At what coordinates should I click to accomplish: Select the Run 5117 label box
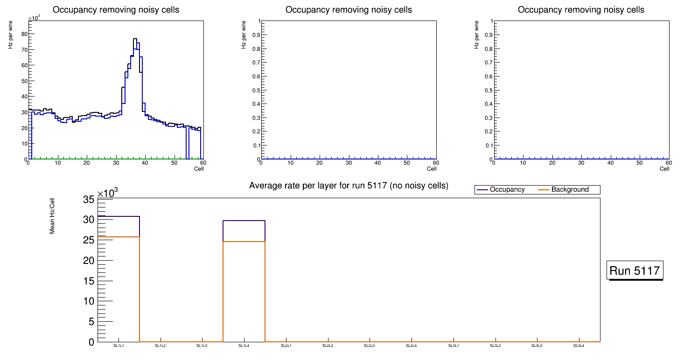coord(635,270)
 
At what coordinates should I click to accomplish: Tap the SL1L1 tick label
coord(119,346)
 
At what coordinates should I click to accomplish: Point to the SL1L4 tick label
coord(244,346)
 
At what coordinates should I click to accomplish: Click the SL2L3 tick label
coord(370,346)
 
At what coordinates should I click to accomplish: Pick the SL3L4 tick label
coord(579,346)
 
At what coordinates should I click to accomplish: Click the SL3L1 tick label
coord(453,346)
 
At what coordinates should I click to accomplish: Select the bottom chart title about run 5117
coord(349,186)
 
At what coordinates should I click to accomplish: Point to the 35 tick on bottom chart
coord(89,200)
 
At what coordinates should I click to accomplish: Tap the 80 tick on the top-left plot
coord(24,34)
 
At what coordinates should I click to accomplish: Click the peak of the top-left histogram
coord(135,39)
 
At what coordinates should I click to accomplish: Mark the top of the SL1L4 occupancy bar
coord(244,221)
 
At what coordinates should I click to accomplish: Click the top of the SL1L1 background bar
coord(119,237)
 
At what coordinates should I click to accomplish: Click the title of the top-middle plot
coord(349,10)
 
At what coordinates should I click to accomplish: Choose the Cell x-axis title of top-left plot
coord(199,169)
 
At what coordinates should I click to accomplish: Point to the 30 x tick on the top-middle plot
coord(349,163)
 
